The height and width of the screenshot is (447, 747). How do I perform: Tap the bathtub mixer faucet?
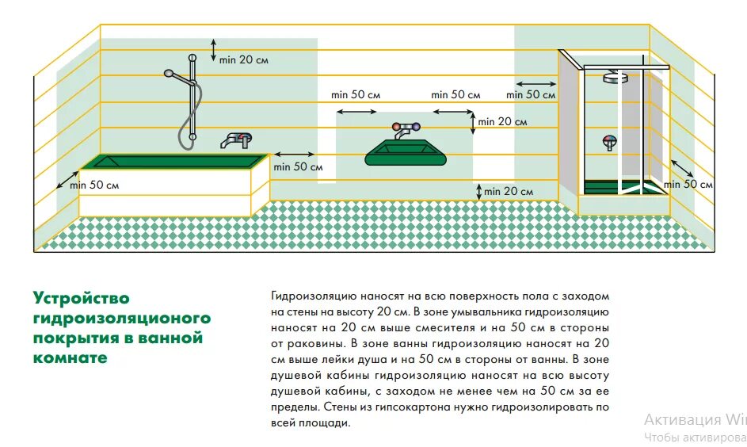click(x=235, y=139)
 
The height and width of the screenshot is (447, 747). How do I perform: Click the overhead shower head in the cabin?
click(x=612, y=77)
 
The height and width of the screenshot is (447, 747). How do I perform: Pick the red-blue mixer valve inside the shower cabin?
click(x=609, y=143)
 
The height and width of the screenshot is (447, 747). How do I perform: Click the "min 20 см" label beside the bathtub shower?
click(x=245, y=59)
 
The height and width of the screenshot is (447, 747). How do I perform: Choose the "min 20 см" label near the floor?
click(x=509, y=191)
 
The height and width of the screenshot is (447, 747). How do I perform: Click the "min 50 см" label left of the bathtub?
click(x=94, y=185)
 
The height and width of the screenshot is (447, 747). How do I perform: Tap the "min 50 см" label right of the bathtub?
click(x=298, y=166)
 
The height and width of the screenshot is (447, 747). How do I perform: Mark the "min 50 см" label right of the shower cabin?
click(x=688, y=184)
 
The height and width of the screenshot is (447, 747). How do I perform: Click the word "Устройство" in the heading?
click(x=81, y=298)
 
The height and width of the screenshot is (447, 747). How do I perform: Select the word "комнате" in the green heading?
click(x=70, y=357)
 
